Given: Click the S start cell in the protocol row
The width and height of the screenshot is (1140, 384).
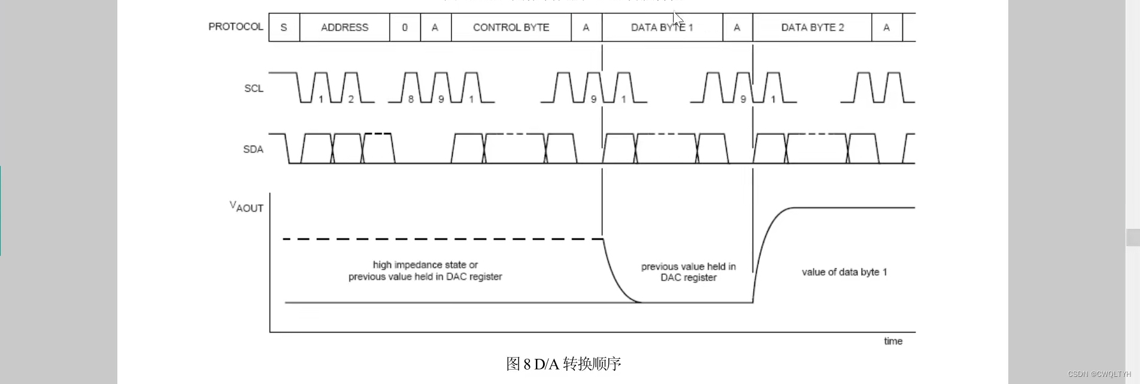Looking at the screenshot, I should click(x=284, y=28).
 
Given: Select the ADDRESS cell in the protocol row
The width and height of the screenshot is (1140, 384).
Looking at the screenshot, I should click(x=344, y=28).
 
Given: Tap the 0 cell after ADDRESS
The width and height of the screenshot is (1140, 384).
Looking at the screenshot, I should click(x=405, y=28).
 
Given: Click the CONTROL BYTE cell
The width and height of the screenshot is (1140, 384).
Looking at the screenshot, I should click(x=511, y=28).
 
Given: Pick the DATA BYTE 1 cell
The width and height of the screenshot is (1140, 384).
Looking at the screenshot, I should click(x=662, y=28).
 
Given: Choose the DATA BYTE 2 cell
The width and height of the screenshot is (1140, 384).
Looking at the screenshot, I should click(x=812, y=28).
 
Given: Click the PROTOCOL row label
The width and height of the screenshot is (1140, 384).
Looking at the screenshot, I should click(x=235, y=27).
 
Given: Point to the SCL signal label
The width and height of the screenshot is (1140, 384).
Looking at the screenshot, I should click(x=253, y=89).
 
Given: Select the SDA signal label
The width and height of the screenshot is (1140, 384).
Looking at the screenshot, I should click(x=253, y=149).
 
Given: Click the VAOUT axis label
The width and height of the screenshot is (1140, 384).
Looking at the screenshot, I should click(x=246, y=207).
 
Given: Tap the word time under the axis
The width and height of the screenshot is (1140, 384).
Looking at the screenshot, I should click(x=893, y=341).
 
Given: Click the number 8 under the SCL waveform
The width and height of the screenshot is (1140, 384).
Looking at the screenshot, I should click(x=411, y=99).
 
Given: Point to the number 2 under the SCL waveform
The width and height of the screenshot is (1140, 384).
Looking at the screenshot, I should click(x=351, y=99).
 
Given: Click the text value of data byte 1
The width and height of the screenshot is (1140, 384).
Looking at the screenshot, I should click(x=844, y=272).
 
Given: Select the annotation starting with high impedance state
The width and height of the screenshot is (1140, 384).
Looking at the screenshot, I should click(x=425, y=271).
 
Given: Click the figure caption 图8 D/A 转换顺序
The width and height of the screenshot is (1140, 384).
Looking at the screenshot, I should click(x=563, y=364).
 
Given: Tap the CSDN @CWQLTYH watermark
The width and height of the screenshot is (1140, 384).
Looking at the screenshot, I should click(x=1099, y=374).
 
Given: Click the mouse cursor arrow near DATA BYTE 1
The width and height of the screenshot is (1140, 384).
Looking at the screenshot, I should click(x=677, y=17).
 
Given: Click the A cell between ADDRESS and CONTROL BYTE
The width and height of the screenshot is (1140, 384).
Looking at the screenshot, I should click(x=435, y=28).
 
